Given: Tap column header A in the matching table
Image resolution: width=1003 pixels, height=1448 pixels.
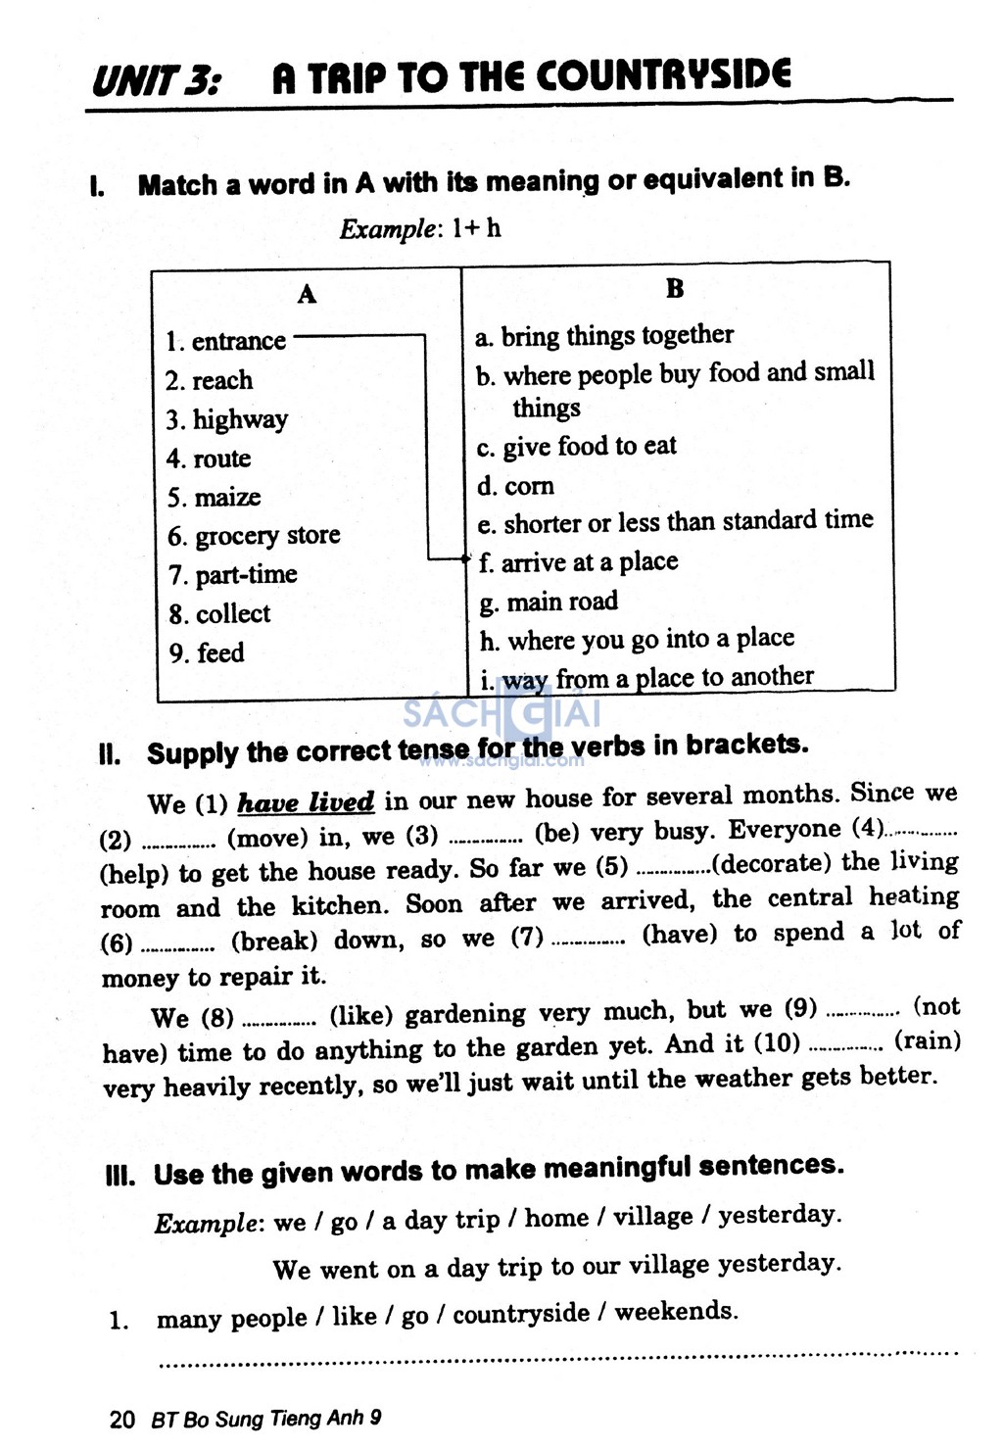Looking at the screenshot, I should pos(307,294).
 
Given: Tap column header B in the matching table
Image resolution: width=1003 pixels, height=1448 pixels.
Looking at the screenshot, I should pos(675,288).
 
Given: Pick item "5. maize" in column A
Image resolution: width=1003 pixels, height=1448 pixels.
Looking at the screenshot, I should pos(214,498).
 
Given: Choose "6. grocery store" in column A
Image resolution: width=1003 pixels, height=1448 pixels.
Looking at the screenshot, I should pos(254,536).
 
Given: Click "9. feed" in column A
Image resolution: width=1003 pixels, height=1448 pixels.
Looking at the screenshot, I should pos(207,652).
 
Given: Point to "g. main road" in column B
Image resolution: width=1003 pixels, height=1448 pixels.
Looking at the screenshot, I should pos(549,602).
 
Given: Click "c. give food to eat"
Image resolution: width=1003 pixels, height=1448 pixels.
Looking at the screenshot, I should pos(576,447).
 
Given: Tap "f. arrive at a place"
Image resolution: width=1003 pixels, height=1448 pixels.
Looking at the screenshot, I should pos(578,562).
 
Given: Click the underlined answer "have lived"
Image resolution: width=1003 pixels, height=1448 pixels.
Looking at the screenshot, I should pos(306,803).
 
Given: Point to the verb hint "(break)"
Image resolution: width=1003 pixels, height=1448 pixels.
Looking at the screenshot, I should pos(274,941).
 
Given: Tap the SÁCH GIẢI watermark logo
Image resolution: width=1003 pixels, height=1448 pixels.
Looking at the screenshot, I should pos(501,712).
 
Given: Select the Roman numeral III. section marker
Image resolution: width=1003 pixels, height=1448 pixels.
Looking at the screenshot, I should pos(120,1176).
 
